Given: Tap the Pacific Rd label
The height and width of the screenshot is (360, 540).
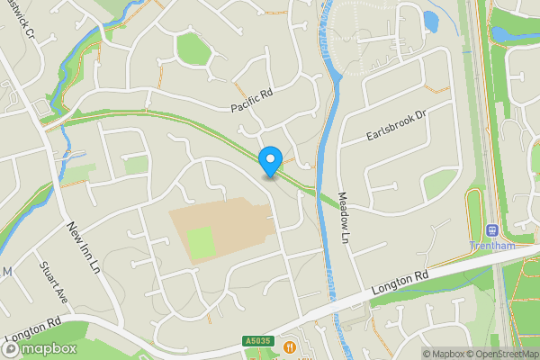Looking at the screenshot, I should pyautogui.click(x=251, y=101).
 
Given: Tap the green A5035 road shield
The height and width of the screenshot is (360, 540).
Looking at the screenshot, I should pyautogui.click(x=256, y=341).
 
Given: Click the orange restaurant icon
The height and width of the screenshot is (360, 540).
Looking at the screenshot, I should pyautogui.click(x=289, y=346).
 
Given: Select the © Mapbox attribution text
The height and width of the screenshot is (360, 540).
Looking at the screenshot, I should pyautogui.click(x=443, y=353).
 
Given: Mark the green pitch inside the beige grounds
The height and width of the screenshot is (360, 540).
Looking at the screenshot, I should pyautogui.click(x=201, y=241).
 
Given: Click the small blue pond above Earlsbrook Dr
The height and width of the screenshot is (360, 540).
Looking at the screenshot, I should pyautogui.click(x=430, y=20).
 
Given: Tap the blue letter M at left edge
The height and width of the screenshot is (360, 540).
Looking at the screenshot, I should pyautogui.click(x=5, y=272).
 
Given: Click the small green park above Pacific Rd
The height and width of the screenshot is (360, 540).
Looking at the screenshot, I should pyautogui.click(x=193, y=49).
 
